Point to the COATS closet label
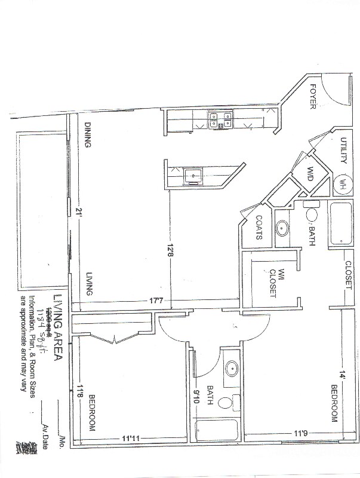pos(260,228)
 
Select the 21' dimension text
pos(78,213)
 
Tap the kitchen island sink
pos(193,176)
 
